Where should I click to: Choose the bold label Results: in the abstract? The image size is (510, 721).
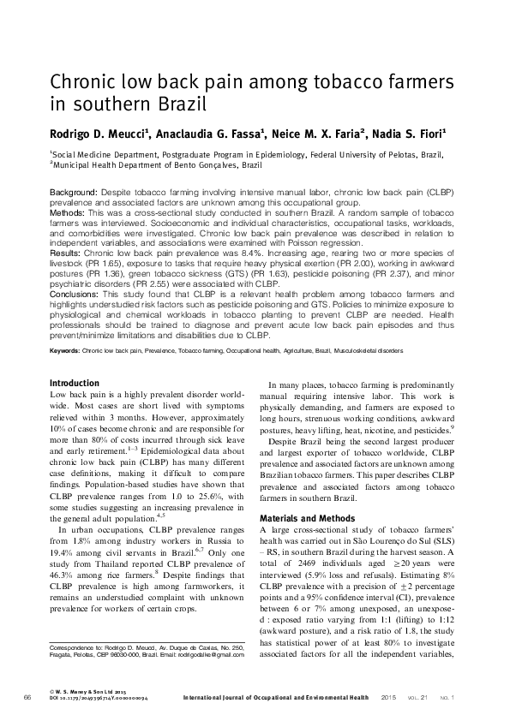(x=66, y=255)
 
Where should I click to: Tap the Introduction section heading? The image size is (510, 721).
(x=75, y=382)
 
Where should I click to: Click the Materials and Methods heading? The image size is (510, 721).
(x=305, y=518)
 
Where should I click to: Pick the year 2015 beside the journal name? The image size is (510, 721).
(x=389, y=699)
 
